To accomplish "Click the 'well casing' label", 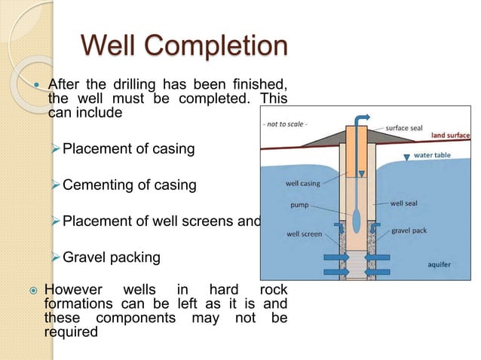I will tap(302, 182).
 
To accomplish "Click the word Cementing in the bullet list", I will tap(94, 185).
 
